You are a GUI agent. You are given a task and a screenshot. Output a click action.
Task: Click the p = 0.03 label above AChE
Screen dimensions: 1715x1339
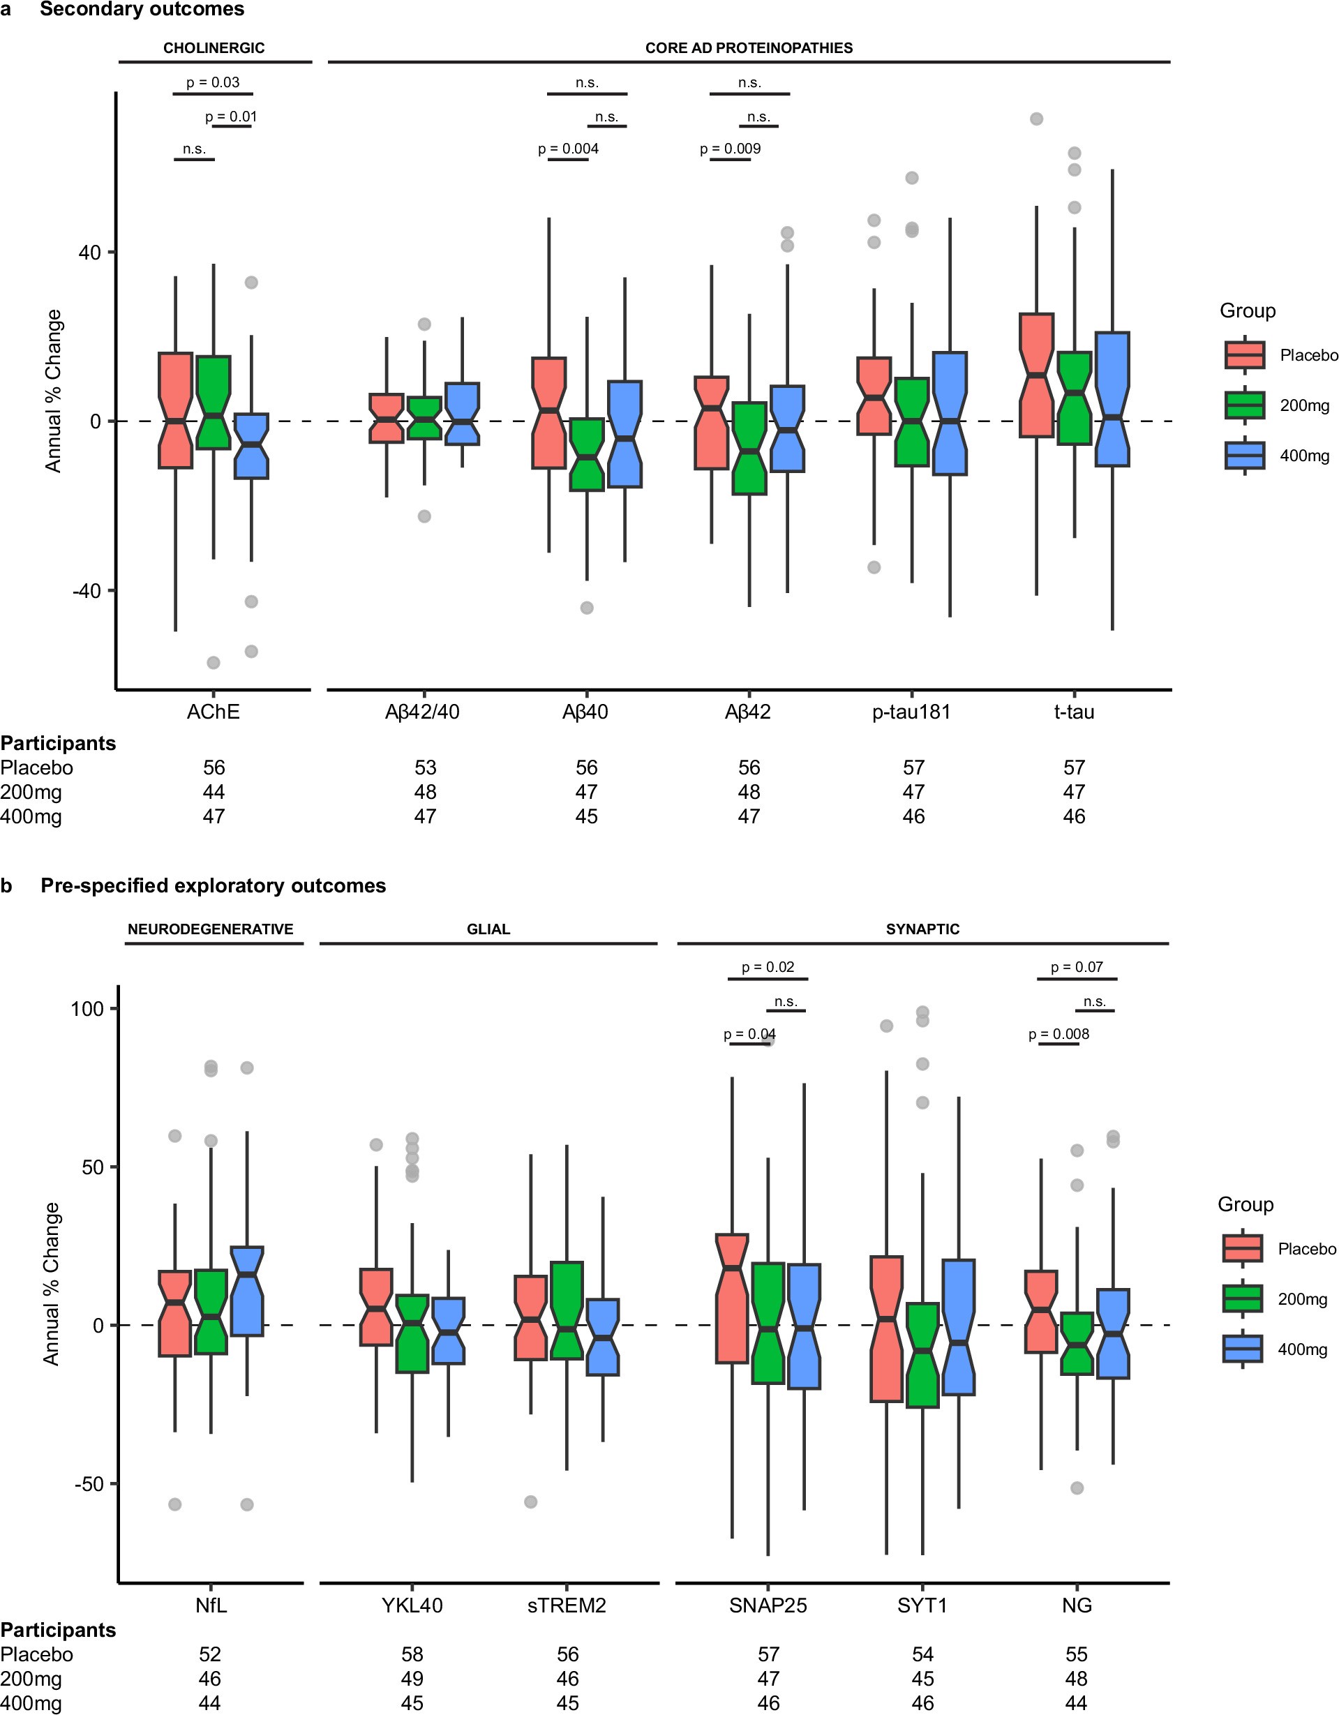[213, 82]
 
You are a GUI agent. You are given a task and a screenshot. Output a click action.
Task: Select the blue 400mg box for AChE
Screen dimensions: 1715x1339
[251, 445]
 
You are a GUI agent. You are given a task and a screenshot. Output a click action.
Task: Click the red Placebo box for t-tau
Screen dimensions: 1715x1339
[1036, 375]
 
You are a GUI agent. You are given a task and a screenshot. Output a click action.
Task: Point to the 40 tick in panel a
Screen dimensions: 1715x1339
[89, 253]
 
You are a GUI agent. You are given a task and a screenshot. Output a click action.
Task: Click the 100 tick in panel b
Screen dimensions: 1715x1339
[87, 1009]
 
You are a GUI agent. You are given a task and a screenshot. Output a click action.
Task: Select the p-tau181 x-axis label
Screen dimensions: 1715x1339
[911, 712]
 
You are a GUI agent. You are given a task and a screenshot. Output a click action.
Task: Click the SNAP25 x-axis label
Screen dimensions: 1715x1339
[768, 1605]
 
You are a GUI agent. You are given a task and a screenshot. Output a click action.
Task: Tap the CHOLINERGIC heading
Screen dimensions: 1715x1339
[214, 48]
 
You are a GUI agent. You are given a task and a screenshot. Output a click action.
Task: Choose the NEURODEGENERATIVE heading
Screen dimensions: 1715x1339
[211, 929]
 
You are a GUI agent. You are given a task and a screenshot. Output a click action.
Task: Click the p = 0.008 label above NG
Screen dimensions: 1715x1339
[1059, 1034]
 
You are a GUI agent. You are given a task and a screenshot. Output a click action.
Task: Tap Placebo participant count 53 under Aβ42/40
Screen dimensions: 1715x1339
[425, 767]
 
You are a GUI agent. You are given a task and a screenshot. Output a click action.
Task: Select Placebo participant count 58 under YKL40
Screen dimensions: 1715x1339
[412, 1654]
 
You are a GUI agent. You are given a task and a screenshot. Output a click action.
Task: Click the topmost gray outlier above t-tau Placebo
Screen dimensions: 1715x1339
[1036, 119]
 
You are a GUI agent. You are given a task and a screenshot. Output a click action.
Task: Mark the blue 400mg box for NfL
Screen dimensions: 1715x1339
[246, 1290]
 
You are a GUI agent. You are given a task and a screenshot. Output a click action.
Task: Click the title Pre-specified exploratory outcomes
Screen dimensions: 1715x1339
[213, 886]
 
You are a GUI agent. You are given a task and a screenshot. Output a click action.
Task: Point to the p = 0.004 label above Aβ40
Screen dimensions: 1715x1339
[568, 149]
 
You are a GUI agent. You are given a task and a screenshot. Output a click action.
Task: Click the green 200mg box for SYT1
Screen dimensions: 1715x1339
[922, 1354]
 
